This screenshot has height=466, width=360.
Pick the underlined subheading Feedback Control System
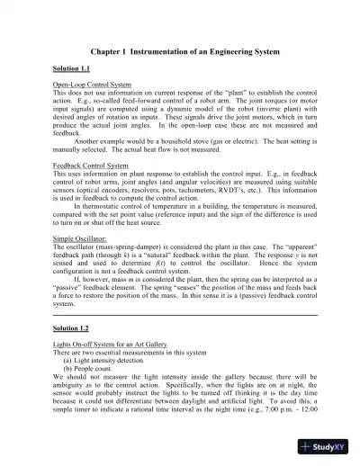tap(90, 166)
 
